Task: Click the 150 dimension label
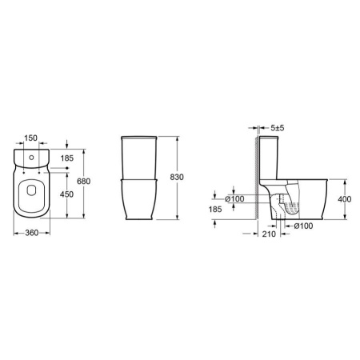coord(31,138)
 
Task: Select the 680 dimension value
coord(84,182)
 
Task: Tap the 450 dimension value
coord(66,194)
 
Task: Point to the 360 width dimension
coord(32,233)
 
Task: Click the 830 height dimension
coord(177,177)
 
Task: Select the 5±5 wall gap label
coord(278,128)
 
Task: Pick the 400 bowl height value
coord(345,199)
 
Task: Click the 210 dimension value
coord(269,234)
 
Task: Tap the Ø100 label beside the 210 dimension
coord(303,226)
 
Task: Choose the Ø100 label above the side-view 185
coord(234,199)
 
